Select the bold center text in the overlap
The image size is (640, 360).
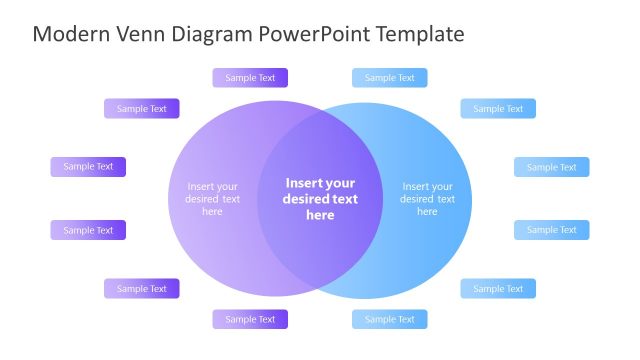tap(320, 198)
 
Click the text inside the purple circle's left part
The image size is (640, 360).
tap(212, 198)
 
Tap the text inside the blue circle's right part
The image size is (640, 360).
tap(427, 198)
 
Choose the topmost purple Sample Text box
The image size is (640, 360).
tap(250, 78)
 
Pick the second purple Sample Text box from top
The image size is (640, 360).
tap(142, 109)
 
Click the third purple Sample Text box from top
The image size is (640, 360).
tap(88, 167)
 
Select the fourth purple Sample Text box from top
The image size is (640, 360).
tap(88, 230)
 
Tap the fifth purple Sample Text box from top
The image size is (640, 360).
tap(142, 289)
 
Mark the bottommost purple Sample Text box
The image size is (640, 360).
tap(250, 320)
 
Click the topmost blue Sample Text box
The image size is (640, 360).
tap(389, 78)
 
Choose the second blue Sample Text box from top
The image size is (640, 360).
tap(498, 109)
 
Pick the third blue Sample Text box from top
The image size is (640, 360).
tap(552, 167)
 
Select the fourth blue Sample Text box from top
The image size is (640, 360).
tap(552, 230)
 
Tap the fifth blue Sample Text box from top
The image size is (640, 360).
tap(498, 289)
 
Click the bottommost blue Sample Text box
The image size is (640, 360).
tap(389, 320)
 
